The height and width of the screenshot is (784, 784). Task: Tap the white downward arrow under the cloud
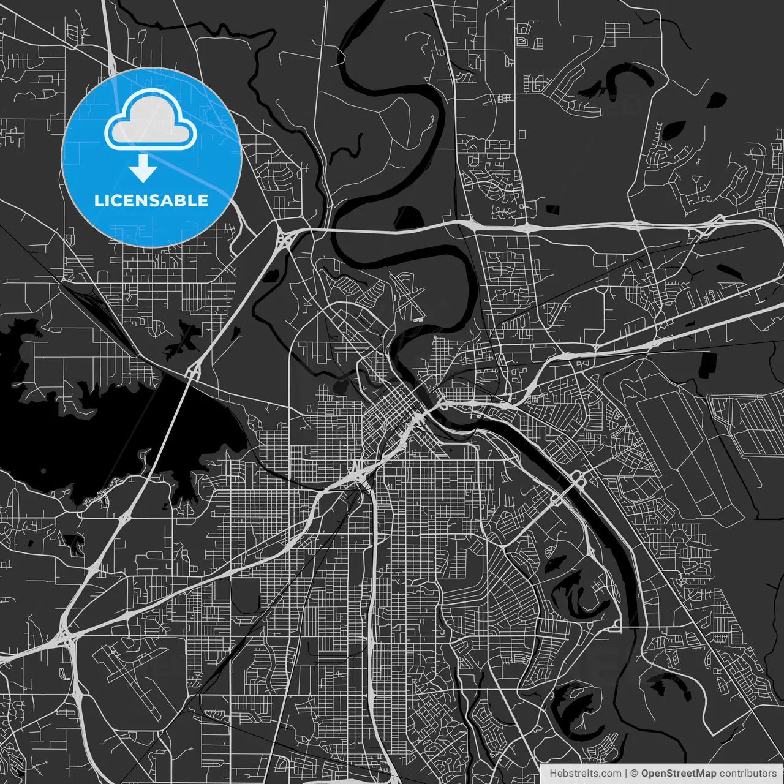coord(143,168)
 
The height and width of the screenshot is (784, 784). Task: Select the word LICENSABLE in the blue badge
coord(151,200)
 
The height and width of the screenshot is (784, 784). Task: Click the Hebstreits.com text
coord(585,774)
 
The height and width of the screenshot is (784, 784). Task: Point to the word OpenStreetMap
coord(678,774)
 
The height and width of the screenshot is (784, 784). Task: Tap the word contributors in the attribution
coord(748,774)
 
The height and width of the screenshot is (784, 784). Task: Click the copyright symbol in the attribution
coord(635,774)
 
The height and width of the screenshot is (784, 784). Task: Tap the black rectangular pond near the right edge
coord(707,364)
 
